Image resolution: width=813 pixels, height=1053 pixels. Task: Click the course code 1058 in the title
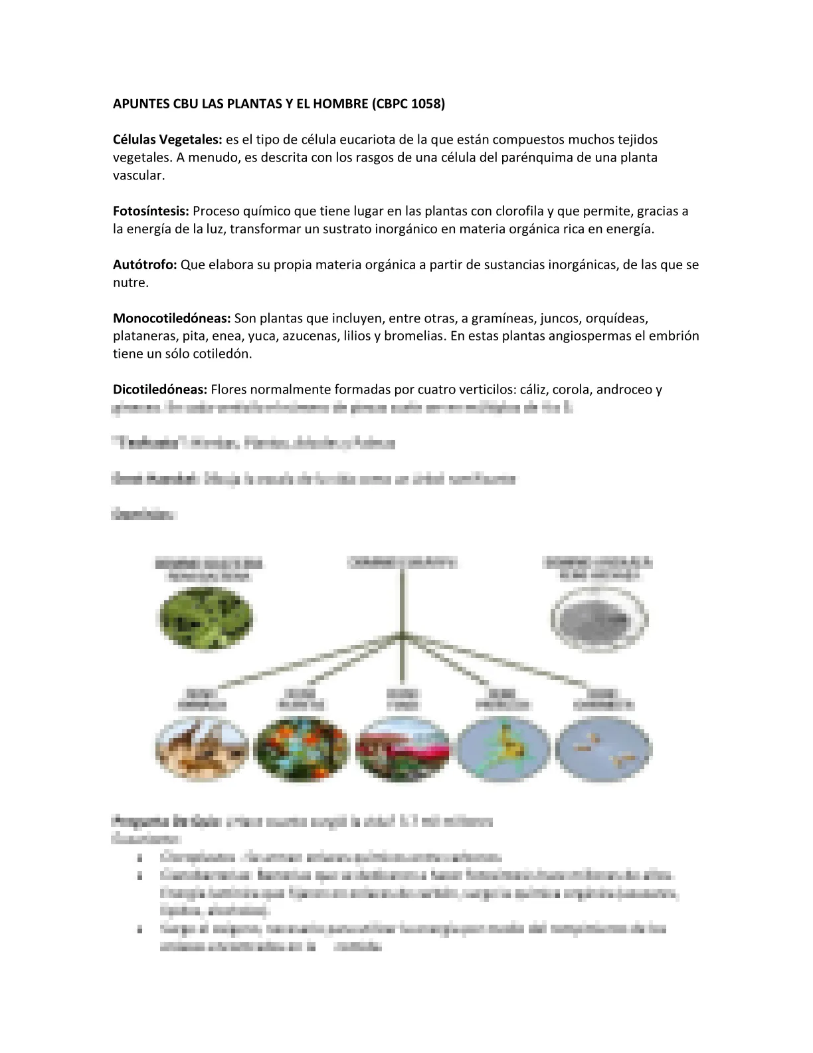tap(426, 104)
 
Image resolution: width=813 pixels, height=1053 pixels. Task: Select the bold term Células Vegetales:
tap(167, 140)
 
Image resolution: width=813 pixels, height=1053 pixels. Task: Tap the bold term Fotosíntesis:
tap(151, 211)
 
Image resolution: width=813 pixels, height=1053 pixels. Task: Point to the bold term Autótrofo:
tap(145, 265)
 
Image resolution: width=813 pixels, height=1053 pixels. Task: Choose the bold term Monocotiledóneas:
tap(171, 318)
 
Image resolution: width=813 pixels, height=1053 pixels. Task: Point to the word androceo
tap(623, 390)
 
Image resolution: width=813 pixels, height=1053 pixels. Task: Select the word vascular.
tap(138, 175)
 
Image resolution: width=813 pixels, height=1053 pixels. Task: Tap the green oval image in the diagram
tap(205, 620)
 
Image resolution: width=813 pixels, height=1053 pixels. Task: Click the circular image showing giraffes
tap(202, 750)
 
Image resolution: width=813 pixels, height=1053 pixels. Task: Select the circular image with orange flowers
tap(302, 750)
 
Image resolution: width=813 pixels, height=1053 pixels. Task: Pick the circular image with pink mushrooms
tap(402, 750)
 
